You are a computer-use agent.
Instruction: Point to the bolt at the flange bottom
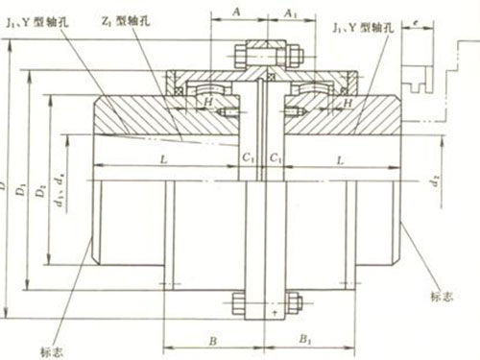[x=266, y=309]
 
